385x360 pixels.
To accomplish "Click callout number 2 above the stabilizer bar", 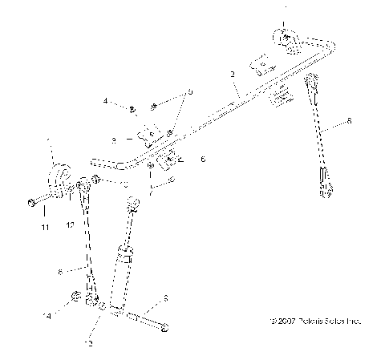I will pos(232,75).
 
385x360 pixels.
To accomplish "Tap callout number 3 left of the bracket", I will pos(114,140).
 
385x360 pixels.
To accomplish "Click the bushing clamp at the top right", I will pos(286,39).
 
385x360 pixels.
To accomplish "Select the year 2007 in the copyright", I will pos(283,320).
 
